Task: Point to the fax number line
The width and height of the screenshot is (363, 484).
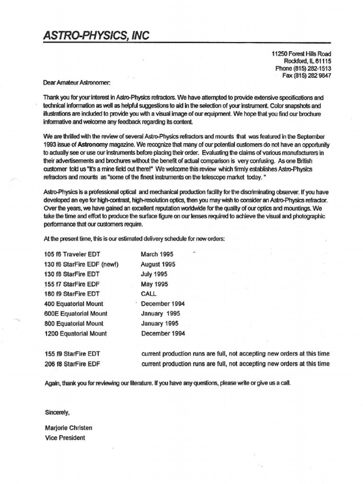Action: click(306, 75)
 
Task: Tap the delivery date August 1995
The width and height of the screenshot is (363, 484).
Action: click(158, 264)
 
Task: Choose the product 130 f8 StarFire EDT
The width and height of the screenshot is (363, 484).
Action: click(72, 274)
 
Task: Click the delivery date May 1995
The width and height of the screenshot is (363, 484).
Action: click(155, 284)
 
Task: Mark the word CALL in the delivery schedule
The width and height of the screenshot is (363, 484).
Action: click(148, 294)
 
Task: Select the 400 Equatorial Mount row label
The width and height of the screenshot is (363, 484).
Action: click(73, 304)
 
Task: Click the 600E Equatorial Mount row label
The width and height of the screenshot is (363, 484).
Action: click(76, 314)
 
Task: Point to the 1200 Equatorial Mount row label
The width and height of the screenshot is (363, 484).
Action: click(75, 334)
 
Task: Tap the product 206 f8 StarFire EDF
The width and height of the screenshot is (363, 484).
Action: click(72, 363)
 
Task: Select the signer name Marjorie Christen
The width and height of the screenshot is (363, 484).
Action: click(68, 428)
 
